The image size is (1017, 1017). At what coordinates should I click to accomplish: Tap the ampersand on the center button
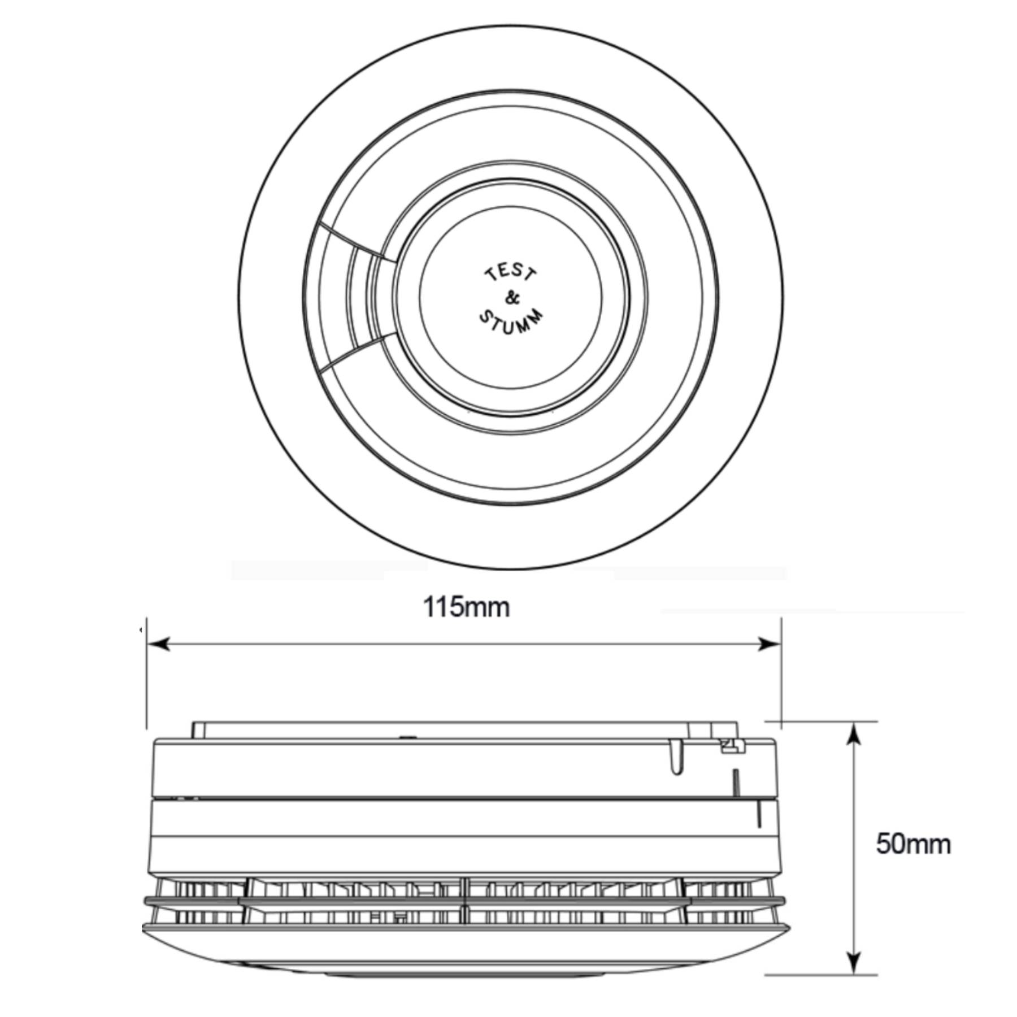pyautogui.click(x=511, y=298)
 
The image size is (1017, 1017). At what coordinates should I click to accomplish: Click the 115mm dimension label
pyautogui.click(x=467, y=608)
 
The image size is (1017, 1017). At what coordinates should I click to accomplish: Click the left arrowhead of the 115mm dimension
pyautogui.click(x=159, y=644)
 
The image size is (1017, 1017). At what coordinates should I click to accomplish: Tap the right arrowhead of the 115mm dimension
pyautogui.click(x=769, y=644)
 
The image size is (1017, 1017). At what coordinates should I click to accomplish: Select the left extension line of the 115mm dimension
pyautogui.click(x=146, y=672)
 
